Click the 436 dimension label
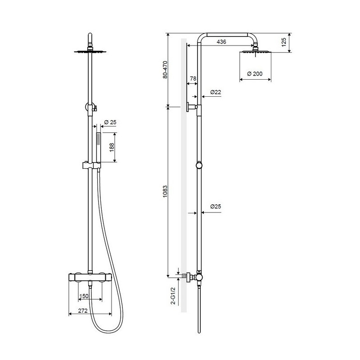point(221,41)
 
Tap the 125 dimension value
point(284,42)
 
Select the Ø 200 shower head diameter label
point(255,74)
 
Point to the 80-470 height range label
point(165,70)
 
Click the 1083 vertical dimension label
point(165,192)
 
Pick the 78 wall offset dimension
point(193,78)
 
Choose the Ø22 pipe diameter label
point(216,92)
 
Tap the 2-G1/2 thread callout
point(173,296)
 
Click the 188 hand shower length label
point(112,148)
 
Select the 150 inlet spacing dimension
point(84,296)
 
